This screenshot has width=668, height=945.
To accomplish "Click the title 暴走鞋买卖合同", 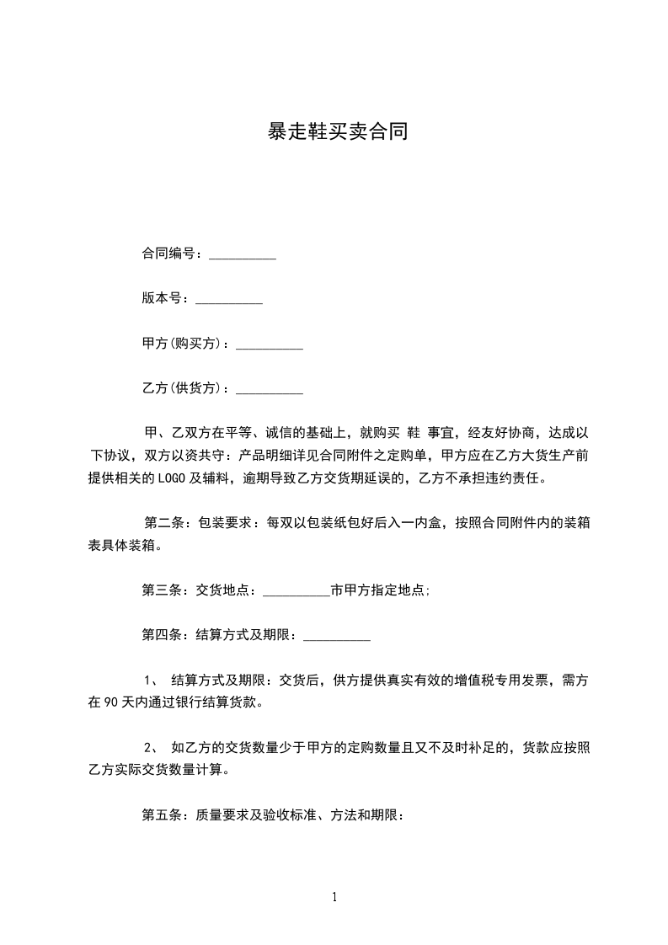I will (337, 131).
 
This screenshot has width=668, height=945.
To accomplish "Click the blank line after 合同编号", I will (242, 254).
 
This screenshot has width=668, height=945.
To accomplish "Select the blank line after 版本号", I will (228, 299).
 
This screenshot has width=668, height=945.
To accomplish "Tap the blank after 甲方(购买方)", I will (269, 344).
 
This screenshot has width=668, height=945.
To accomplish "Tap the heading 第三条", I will (162, 590).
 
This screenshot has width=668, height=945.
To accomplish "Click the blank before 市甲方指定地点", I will (297, 591).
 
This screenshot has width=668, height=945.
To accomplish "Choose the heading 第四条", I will (162, 635).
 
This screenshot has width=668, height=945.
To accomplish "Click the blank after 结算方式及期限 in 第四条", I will (336, 636).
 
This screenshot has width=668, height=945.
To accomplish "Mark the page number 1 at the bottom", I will (334, 897).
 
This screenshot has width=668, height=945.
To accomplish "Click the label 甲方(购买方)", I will (185, 344).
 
